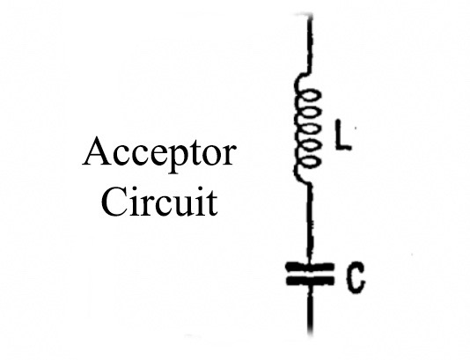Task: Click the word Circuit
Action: point(159,201)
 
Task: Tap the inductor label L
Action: point(343,135)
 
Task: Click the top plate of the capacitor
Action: point(309,267)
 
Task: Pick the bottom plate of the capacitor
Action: point(309,281)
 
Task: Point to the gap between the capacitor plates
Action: point(309,274)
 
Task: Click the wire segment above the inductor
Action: point(310,43)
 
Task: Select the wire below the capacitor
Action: point(310,310)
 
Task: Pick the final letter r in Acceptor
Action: point(229,155)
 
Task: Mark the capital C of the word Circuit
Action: point(113,201)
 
